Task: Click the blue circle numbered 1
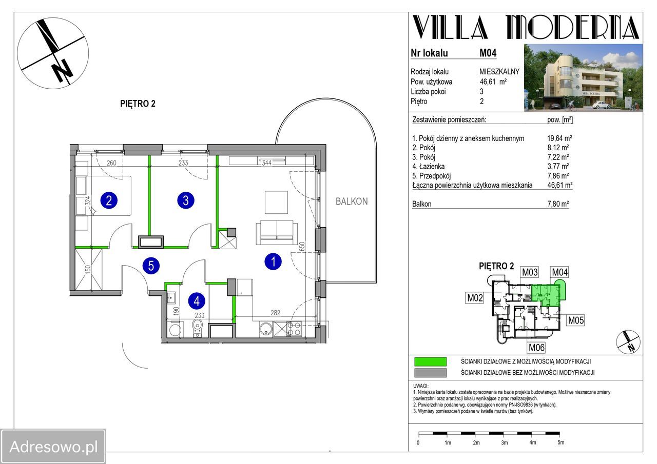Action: (x=273, y=261)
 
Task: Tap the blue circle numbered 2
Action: (x=109, y=200)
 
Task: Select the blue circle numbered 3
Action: (x=186, y=200)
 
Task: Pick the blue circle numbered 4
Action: (x=197, y=301)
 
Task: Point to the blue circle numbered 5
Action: (x=151, y=266)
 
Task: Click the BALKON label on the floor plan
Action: (x=352, y=201)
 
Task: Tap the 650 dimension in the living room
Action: (x=302, y=246)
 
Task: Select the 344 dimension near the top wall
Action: (x=266, y=163)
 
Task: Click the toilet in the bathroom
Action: (x=198, y=329)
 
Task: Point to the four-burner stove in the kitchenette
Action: (x=294, y=329)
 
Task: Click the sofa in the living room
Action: (x=277, y=232)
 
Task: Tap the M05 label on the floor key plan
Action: (x=576, y=320)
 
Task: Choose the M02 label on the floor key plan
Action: (x=475, y=298)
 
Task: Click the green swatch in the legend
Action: (x=430, y=362)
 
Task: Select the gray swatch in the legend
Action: (x=430, y=373)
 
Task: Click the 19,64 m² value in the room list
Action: (x=559, y=138)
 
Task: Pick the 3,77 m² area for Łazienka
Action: (x=558, y=167)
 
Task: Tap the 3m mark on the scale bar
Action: (x=504, y=442)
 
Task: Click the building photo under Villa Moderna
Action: (x=583, y=77)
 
